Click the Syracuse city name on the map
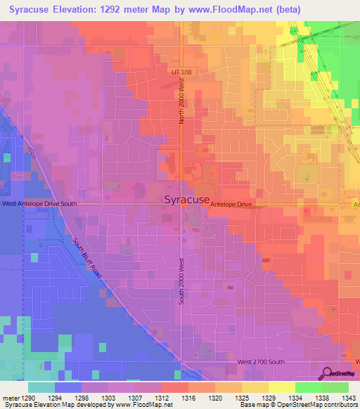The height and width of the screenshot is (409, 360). (x=186, y=200)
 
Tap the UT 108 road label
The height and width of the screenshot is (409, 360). (x=181, y=72)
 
